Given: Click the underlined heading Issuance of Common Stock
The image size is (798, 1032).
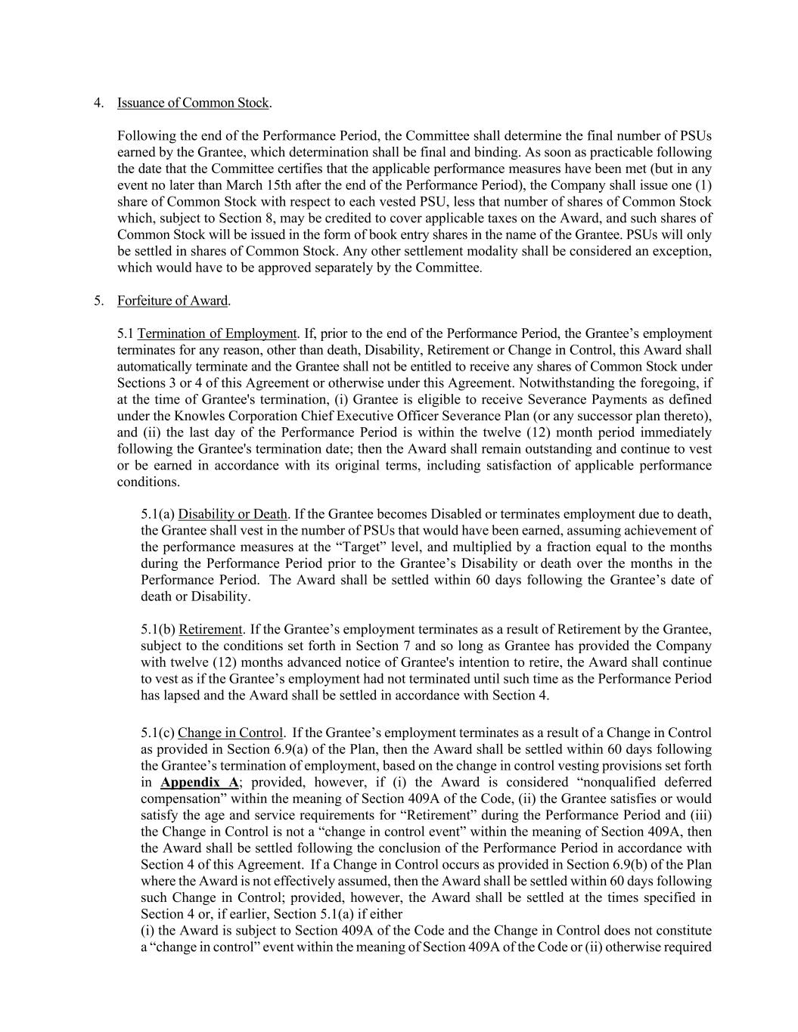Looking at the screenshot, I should coord(194,103).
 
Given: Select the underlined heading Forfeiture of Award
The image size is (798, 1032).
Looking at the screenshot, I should coord(172,301).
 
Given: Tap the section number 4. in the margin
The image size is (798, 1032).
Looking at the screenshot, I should coord(98,103).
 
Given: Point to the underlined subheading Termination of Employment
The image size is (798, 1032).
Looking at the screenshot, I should coord(217,333).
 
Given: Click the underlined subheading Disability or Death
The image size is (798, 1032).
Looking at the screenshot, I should coord(233,515).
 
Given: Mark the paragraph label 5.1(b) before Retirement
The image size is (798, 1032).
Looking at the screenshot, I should coord(158,630).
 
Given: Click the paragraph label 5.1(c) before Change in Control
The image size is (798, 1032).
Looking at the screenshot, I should coord(157,733).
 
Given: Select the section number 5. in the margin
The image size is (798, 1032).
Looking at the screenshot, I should coord(98,301).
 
